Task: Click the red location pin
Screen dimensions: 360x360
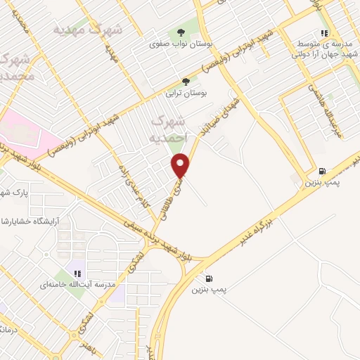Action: (x=181, y=165)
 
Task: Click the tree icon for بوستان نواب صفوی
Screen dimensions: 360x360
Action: (x=181, y=32)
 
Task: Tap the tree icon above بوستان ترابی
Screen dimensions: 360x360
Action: (x=186, y=82)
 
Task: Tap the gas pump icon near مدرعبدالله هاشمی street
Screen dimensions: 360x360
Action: (x=322, y=171)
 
